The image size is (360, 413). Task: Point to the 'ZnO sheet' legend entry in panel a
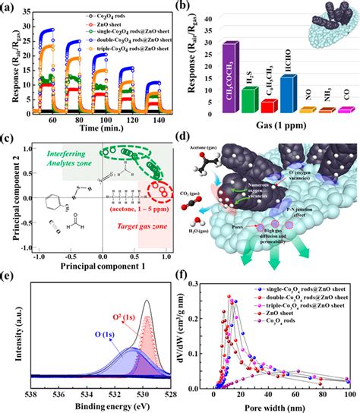97,24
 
